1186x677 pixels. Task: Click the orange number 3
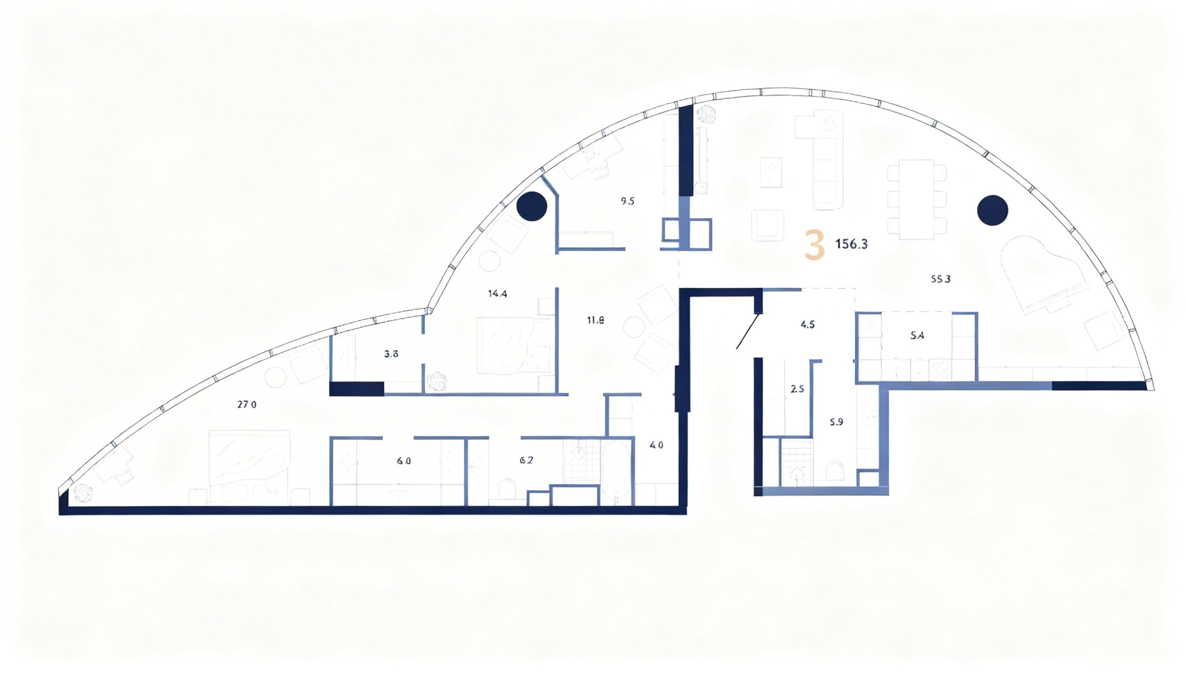click(814, 246)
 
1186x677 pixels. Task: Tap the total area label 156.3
click(851, 244)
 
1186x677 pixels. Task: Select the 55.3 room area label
click(940, 279)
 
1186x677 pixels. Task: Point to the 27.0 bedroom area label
click(247, 405)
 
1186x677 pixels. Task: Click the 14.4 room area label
click(497, 294)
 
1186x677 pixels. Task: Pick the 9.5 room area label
click(627, 201)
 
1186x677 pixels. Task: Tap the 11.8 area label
click(595, 320)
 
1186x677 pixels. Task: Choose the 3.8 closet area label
click(391, 354)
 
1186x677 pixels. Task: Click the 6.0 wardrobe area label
click(404, 461)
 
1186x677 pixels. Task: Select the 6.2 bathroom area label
click(526, 461)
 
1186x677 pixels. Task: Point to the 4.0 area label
click(656, 446)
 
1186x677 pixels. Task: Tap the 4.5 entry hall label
click(807, 325)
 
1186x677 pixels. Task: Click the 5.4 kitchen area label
click(917, 336)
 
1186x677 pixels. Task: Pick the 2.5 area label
click(797, 389)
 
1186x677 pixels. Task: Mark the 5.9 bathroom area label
click(836, 423)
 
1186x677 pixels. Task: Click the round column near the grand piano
click(992, 211)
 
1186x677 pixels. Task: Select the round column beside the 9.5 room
click(532, 206)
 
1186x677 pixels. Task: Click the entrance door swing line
click(748, 331)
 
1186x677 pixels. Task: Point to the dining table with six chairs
click(916, 200)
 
